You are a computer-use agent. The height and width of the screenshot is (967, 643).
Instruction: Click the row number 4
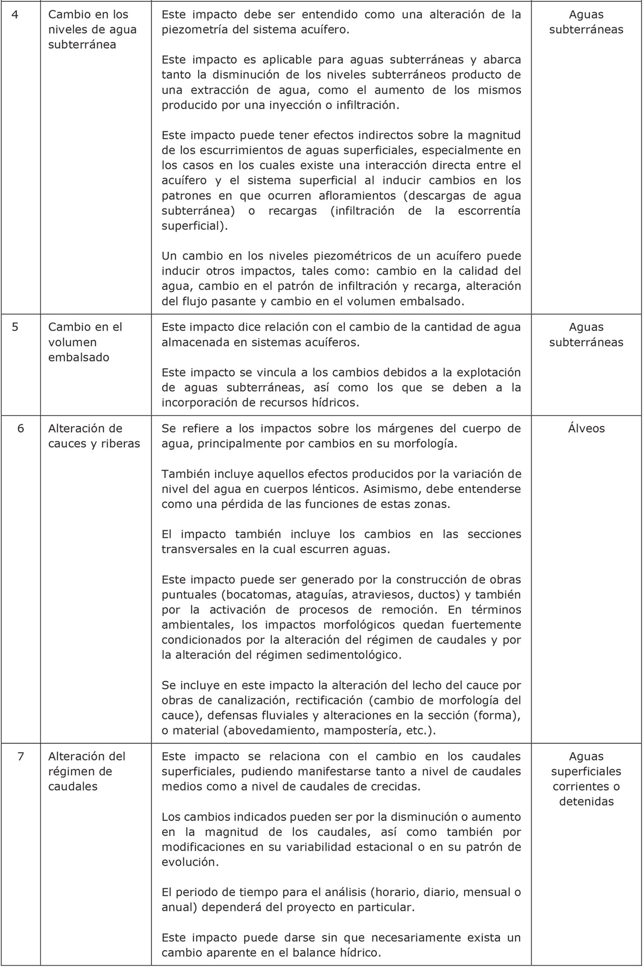click(x=15, y=15)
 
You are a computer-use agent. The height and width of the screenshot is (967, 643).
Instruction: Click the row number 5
click(x=15, y=327)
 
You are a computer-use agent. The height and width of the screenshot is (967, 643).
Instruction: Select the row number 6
click(x=21, y=428)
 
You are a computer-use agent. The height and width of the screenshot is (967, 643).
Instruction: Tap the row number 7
click(x=21, y=756)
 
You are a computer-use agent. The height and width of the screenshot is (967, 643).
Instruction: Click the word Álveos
click(x=586, y=428)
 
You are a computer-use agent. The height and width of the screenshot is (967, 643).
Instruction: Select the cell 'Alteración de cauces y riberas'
click(x=94, y=436)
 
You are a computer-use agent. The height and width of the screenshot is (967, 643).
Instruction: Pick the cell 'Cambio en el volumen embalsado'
click(x=85, y=342)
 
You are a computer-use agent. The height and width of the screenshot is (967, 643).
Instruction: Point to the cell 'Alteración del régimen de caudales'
click(x=87, y=771)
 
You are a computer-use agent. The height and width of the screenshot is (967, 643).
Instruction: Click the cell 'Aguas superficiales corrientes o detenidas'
click(x=586, y=779)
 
